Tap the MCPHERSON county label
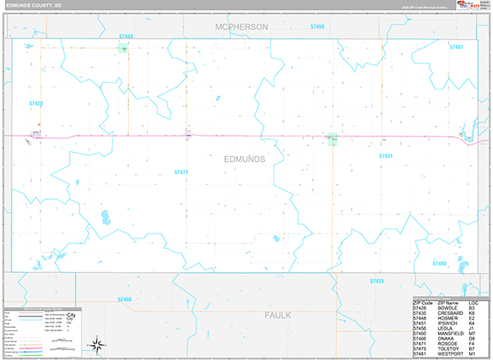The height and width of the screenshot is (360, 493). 242,27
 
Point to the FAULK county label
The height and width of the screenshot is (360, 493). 278,315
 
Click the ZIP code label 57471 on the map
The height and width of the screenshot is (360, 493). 182,172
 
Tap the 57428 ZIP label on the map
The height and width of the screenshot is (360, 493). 35,104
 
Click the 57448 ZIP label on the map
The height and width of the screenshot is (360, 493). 126,37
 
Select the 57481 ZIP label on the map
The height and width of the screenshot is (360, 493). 457,48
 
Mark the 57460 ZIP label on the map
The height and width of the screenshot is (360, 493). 438,264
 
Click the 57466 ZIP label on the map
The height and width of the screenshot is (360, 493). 125,299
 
